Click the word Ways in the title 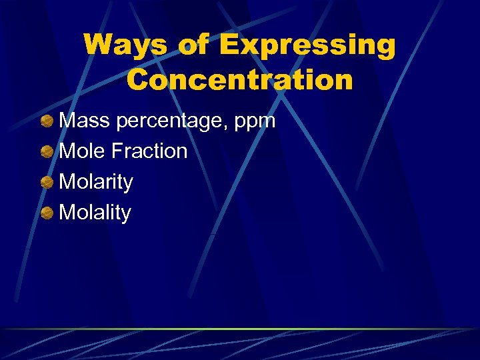point(124,46)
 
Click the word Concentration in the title point(240,80)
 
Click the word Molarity point(96,183)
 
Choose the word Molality point(95,213)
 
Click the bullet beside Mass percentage point(47,121)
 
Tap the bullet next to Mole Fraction point(47,152)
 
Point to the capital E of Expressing point(231,45)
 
